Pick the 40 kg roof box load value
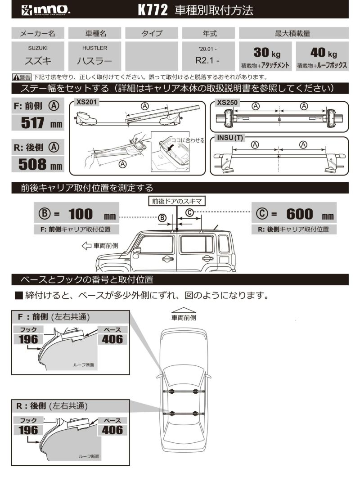(x=322, y=52)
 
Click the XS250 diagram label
(x=228, y=102)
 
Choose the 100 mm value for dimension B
(x=81, y=214)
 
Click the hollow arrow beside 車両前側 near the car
(x=86, y=246)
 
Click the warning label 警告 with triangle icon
(x=22, y=77)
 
